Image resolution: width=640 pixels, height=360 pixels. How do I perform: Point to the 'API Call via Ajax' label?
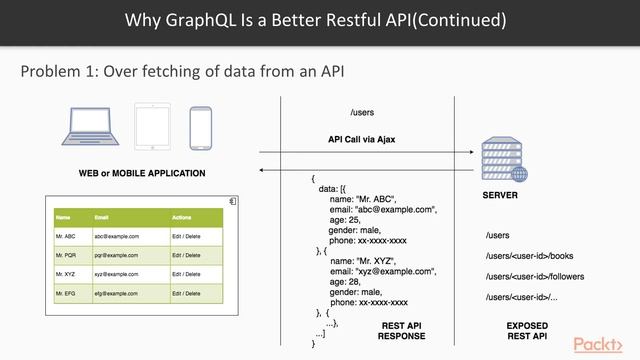(362, 138)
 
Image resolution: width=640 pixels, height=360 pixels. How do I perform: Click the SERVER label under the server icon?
(500, 196)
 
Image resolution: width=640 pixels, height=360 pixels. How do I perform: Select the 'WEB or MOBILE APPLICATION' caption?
(142, 174)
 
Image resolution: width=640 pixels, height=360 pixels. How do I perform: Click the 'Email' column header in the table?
(102, 217)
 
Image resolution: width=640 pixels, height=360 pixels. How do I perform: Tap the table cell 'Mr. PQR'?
(66, 255)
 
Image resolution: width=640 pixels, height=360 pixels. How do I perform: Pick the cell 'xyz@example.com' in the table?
(117, 274)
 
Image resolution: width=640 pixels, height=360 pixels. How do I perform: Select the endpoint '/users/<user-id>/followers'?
(535, 276)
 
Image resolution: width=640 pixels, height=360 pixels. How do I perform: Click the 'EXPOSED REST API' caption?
(527, 332)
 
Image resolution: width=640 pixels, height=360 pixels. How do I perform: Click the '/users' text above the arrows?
(362, 112)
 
